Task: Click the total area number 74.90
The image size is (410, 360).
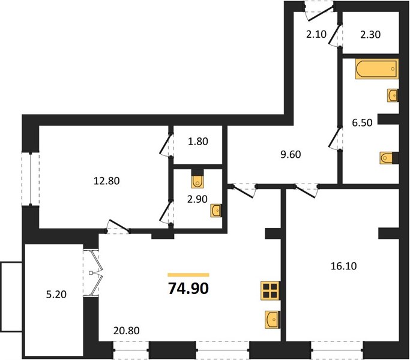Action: click(188, 289)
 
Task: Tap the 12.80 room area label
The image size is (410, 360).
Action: click(107, 181)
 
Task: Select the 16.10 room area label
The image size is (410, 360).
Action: click(343, 266)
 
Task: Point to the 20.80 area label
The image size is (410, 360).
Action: click(126, 331)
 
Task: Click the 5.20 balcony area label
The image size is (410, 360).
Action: click(56, 295)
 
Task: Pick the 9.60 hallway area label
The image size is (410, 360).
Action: click(291, 155)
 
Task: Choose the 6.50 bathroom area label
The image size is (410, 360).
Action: click(362, 122)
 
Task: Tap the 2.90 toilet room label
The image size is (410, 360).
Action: click(197, 199)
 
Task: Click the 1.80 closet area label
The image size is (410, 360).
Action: click(198, 142)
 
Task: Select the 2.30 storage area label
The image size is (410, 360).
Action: click(370, 35)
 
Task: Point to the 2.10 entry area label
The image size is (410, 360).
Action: click(316, 34)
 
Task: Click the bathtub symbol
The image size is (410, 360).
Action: click(377, 69)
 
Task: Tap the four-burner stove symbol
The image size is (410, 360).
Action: click(270, 290)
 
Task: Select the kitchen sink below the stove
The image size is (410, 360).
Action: click(273, 319)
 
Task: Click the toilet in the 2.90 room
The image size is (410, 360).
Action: click(197, 179)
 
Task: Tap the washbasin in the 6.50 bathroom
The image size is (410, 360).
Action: click(393, 95)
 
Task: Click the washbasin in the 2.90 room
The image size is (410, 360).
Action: click(216, 211)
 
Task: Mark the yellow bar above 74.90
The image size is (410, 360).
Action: click(188, 275)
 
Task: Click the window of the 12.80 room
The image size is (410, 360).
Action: click(31, 179)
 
